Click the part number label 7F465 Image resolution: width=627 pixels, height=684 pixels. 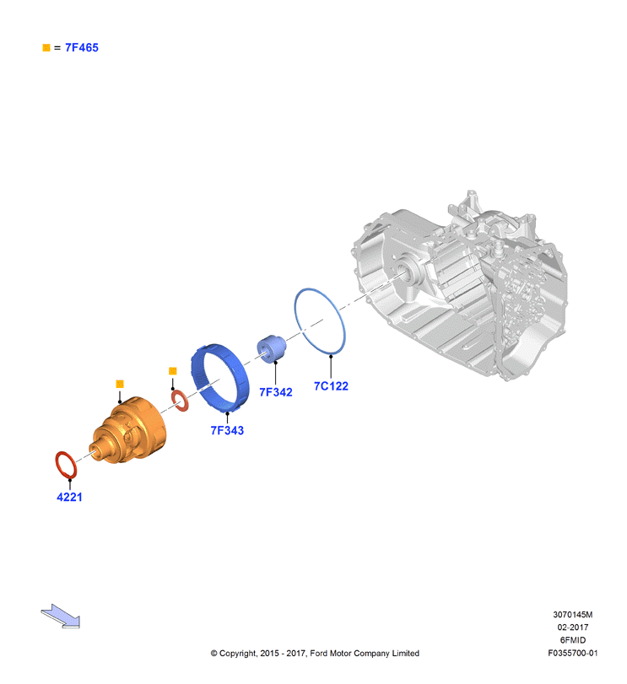coord(82,47)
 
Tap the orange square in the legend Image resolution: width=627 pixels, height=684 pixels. coord(46,47)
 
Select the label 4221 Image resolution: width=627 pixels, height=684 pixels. coord(69,497)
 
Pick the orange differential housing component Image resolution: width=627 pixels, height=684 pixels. coord(131,429)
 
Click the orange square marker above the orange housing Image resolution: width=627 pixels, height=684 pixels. coord(120,384)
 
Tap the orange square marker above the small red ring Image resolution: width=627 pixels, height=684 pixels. coord(173,371)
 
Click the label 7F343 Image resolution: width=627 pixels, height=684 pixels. coord(227,430)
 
